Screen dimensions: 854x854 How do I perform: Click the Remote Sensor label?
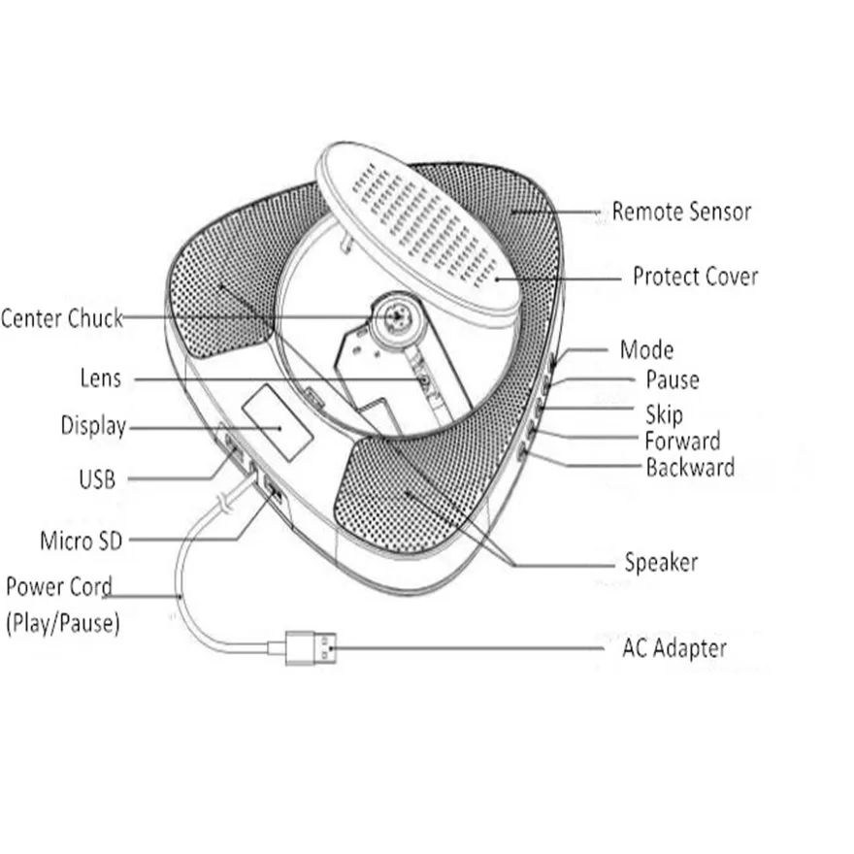tap(681, 211)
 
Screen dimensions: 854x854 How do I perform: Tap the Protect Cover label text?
tap(695, 277)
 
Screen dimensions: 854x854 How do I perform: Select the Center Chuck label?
tap(62, 318)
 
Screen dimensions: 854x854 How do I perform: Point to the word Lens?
tap(100, 378)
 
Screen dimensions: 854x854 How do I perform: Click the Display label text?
tap(93, 426)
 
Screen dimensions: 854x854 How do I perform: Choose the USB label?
tap(96, 477)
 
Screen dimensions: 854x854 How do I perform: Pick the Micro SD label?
tap(82, 541)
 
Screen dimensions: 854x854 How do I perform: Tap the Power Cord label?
tap(59, 587)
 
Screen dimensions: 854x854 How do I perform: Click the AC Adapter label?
tap(674, 647)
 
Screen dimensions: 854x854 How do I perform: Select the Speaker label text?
tap(661, 562)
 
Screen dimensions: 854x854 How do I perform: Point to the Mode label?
tap(646, 349)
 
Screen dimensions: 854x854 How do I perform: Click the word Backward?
tap(690, 468)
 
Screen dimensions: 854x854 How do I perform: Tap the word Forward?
tap(683, 442)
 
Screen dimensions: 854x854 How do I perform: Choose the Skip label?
tap(664, 415)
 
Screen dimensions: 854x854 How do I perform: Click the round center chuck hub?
tap(396, 315)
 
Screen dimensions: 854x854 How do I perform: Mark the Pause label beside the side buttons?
tap(672, 379)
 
